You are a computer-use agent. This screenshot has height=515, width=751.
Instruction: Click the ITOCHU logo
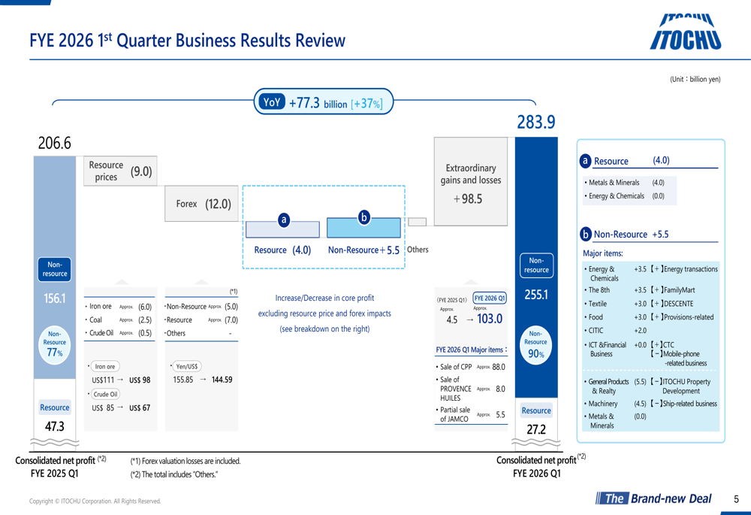click(684, 33)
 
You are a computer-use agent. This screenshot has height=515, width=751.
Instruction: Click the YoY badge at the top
click(271, 102)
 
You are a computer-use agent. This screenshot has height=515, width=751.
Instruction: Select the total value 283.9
click(535, 122)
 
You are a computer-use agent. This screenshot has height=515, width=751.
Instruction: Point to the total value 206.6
click(55, 143)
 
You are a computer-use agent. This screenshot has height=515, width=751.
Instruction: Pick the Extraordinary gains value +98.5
click(468, 199)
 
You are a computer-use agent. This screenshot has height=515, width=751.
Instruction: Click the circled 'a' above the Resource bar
click(284, 220)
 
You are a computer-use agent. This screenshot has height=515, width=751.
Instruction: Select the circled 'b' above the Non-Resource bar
click(364, 217)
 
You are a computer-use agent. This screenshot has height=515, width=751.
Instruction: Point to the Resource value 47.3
click(55, 426)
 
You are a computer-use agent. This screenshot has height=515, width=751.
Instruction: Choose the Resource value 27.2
click(535, 429)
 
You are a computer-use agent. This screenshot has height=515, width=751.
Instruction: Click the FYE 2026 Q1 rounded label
click(490, 298)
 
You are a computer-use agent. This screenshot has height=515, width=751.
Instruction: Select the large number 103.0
click(489, 319)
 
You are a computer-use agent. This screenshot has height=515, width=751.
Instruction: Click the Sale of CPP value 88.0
click(498, 367)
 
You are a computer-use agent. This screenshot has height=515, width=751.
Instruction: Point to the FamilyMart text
click(678, 290)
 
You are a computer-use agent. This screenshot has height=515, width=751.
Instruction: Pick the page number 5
click(736, 498)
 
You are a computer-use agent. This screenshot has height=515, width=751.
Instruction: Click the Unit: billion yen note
click(695, 79)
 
